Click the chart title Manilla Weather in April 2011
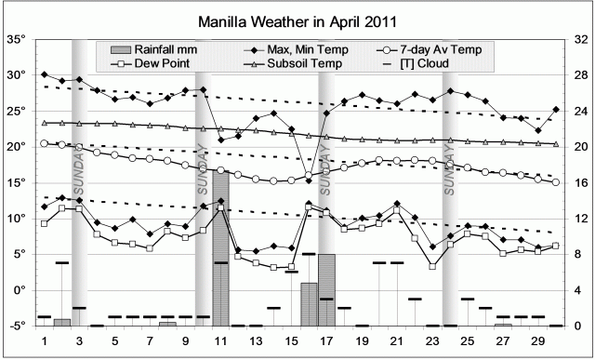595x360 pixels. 298,20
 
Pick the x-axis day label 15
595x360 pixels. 291,340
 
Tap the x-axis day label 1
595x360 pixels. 45,340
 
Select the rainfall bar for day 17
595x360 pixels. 326,289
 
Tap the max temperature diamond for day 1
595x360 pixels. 45,74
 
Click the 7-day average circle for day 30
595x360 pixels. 556,182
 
